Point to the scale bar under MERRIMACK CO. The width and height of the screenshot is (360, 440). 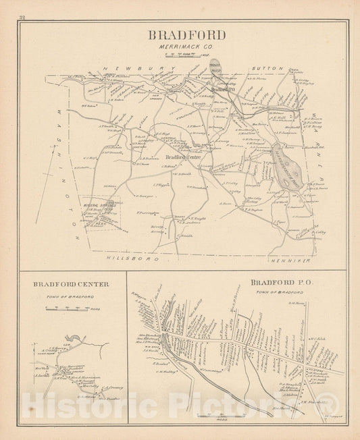tap(183, 54)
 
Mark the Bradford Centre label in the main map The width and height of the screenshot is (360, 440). tap(181, 157)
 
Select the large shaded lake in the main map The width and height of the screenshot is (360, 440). tap(286, 163)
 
